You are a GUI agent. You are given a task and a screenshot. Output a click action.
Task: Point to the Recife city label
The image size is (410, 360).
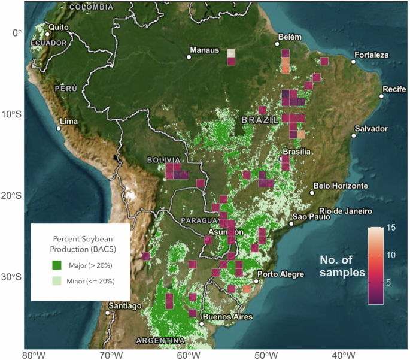click(x=394, y=89)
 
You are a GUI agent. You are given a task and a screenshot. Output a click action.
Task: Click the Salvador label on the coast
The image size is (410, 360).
click(x=371, y=129)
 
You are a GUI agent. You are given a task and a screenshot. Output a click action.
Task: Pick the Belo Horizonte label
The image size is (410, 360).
click(x=340, y=186)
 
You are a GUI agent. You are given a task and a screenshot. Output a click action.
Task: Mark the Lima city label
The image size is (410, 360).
click(x=70, y=121)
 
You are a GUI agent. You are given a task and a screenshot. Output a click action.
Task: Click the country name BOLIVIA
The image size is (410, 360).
click(x=163, y=160)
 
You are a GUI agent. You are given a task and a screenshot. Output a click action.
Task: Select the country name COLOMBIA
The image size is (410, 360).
click(x=91, y=7)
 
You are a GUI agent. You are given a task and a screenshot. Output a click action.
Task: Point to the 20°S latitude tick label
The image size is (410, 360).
click(x=11, y=196)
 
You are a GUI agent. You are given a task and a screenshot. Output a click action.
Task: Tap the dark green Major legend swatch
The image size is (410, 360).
click(x=54, y=265)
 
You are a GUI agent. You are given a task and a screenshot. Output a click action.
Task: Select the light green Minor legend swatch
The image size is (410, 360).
click(x=54, y=280)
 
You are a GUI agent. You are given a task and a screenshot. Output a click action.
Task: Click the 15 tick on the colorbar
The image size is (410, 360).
click(x=392, y=228)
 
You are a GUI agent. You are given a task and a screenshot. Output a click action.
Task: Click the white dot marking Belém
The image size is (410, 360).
click(x=277, y=44)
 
